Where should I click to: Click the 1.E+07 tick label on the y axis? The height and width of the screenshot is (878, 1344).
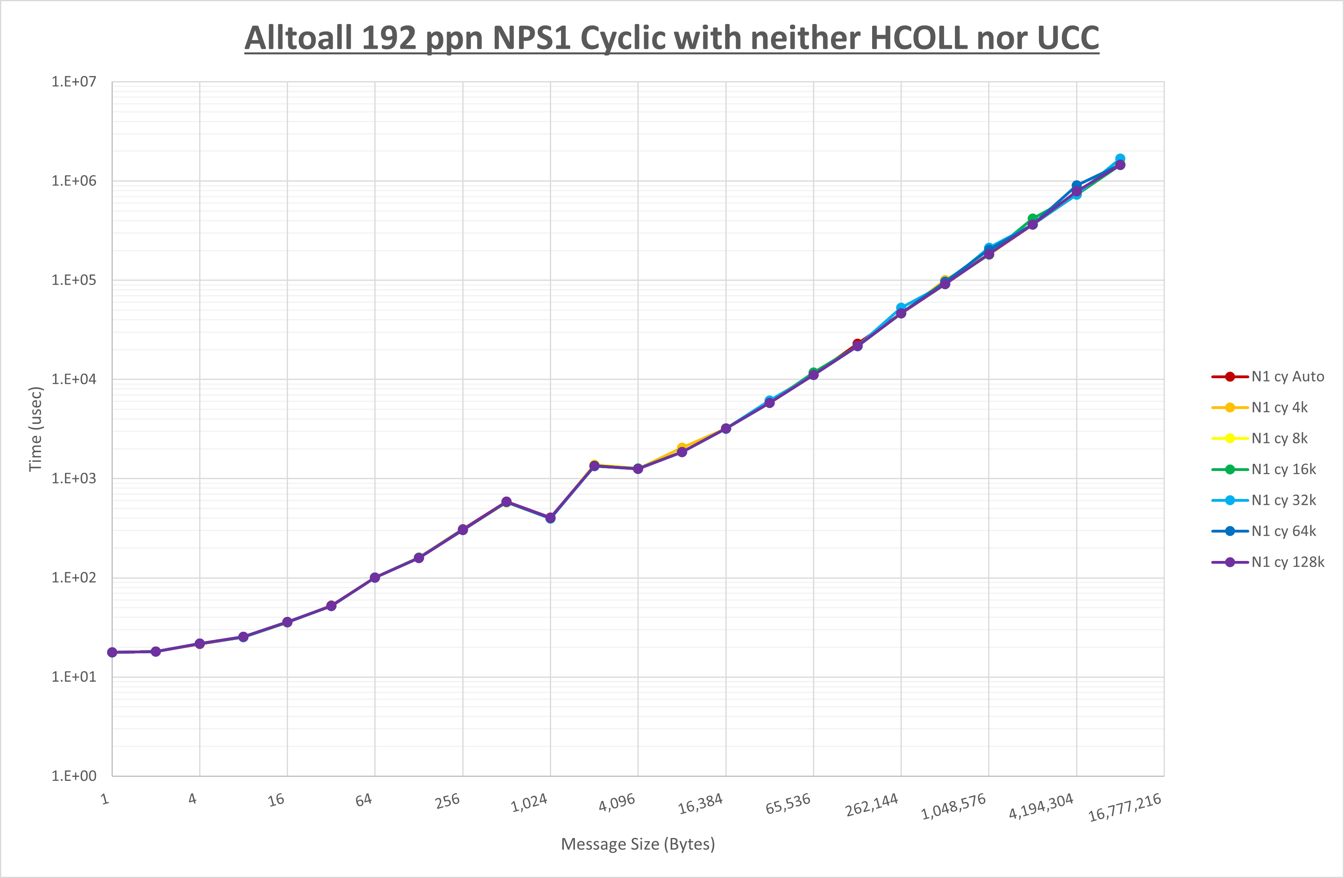tap(74, 82)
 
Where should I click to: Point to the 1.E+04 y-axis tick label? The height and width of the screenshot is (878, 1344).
tap(74, 379)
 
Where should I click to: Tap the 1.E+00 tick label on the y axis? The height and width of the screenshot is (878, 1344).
tap(74, 776)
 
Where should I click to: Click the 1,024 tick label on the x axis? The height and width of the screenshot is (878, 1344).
tap(529, 803)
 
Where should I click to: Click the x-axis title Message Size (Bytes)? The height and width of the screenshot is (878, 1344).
tap(637, 844)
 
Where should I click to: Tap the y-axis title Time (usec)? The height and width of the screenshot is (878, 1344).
tap(36, 429)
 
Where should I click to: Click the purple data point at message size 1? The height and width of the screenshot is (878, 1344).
tap(112, 652)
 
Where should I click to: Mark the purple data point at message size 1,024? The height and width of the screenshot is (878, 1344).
tap(551, 518)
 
